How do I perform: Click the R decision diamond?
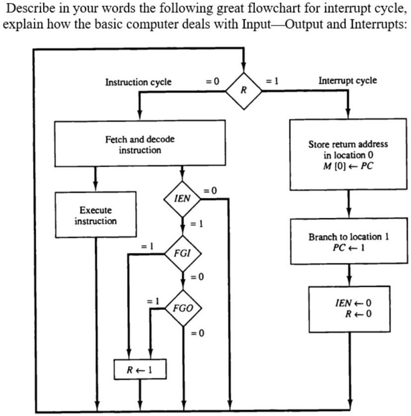click(244, 90)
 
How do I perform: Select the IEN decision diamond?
click(182, 199)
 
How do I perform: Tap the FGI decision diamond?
click(182, 253)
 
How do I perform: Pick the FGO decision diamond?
click(183, 308)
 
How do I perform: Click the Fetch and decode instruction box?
click(140, 144)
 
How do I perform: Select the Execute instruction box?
click(95, 215)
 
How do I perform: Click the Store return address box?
click(348, 155)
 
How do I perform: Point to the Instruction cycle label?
click(138, 82)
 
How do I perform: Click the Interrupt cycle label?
click(347, 81)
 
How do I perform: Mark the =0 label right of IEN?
click(211, 190)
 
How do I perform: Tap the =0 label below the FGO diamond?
click(197, 333)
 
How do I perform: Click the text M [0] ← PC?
click(348, 166)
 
